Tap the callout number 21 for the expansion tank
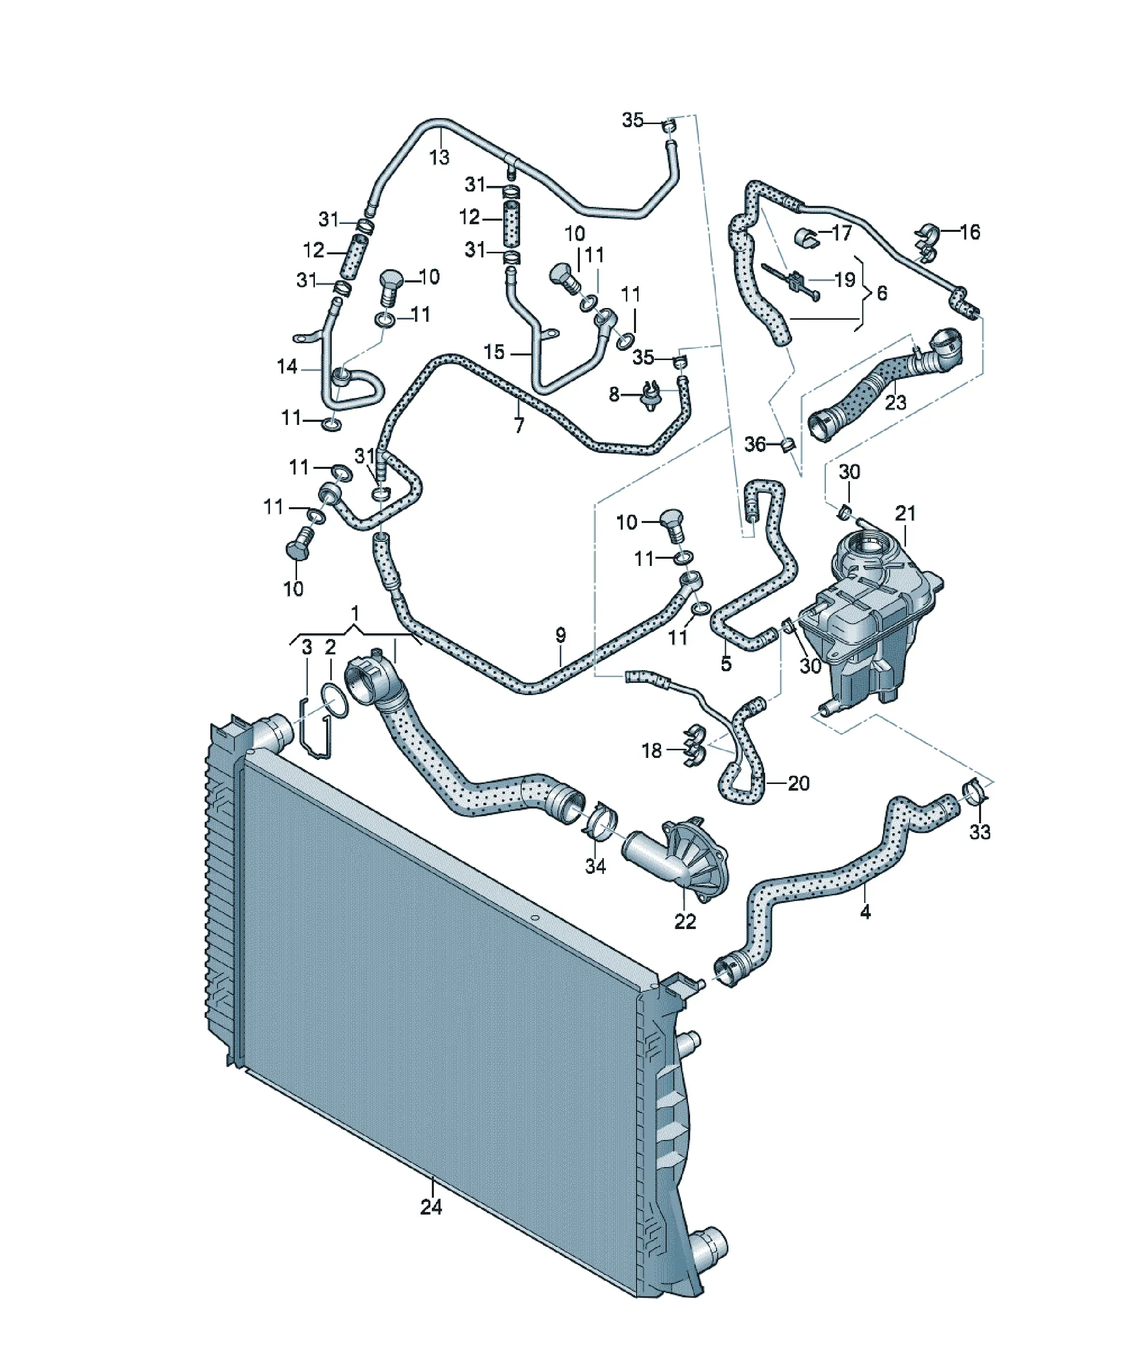(905, 513)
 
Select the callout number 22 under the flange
(685, 921)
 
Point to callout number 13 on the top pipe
(439, 157)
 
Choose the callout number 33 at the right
(980, 833)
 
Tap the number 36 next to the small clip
(755, 444)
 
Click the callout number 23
(896, 402)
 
